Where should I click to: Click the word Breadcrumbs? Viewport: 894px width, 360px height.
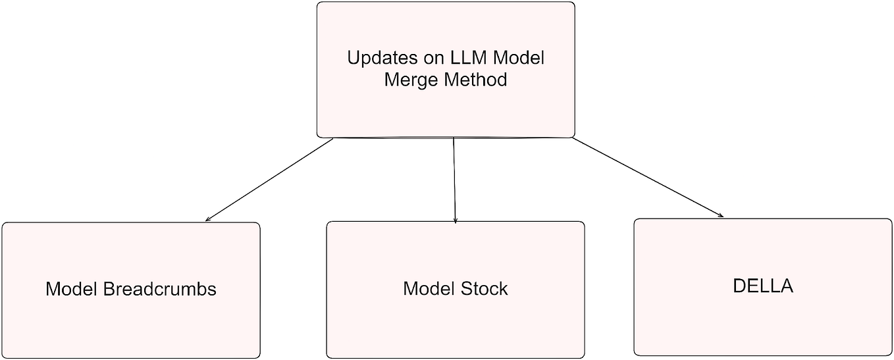coord(160,289)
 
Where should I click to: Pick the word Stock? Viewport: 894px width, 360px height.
coord(484,289)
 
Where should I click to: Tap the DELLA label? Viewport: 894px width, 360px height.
coord(762,286)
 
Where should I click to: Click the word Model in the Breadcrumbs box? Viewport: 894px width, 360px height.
coord(72,289)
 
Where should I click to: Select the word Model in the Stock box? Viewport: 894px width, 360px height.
coord(429,289)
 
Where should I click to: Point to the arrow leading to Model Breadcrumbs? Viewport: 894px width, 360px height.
coord(270,179)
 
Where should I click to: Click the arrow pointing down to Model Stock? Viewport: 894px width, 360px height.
coord(454,179)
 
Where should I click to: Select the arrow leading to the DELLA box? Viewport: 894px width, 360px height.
coord(648,177)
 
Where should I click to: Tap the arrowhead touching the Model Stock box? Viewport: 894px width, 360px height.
coord(455,221)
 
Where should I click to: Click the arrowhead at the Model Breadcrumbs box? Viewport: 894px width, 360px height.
coord(208,219)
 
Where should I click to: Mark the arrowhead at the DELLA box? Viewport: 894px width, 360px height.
coord(722,215)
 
